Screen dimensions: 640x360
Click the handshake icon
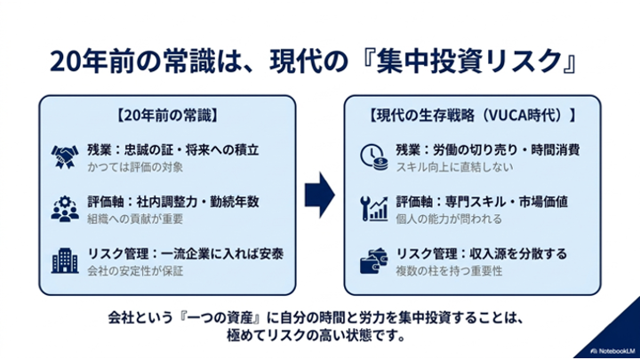(x=65, y=156)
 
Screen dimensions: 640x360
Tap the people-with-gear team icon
(x=65, y=209)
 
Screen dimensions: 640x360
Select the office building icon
(x=65, y=260)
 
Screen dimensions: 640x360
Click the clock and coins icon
(x=374, y=157)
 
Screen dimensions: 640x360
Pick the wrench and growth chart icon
(x=374, y=209)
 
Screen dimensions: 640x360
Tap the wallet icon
(x=374, y=261)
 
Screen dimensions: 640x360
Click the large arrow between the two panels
(x=320, y=195)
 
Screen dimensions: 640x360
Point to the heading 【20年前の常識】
(x=167, y=116)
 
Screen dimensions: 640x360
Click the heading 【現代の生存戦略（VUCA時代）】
(x=472, y=116)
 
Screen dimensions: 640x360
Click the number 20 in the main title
(x=65, y=61)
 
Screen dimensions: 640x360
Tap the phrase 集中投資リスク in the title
(x=469, y=61)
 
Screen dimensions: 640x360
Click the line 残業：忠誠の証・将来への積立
(x=173, y=150)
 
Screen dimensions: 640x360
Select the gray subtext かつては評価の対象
(x=135, y=167)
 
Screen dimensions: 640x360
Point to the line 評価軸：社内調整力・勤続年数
(x=173, y=202)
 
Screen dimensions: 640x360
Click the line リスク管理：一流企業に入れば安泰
(x=186, y=254)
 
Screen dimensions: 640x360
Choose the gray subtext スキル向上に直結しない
(x=454, y=167)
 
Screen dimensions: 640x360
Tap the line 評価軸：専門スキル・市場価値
(x=482, y=202)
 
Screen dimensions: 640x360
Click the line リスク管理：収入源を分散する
(x=482, y=254)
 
